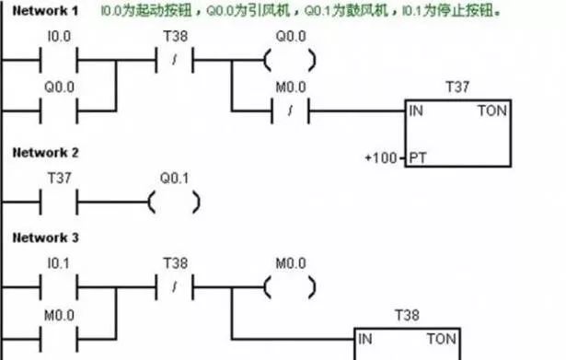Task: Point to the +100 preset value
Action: pyautogui.click(x=381, y=157)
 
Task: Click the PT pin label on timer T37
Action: pyautogui.click(x=418, y=157)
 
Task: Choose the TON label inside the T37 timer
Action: pyautogui.click(x=491, y=110)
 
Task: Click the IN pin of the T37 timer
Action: pyautogui.click(x=417, y=110)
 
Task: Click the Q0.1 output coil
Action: pyautogui.click(x=175, y=199)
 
